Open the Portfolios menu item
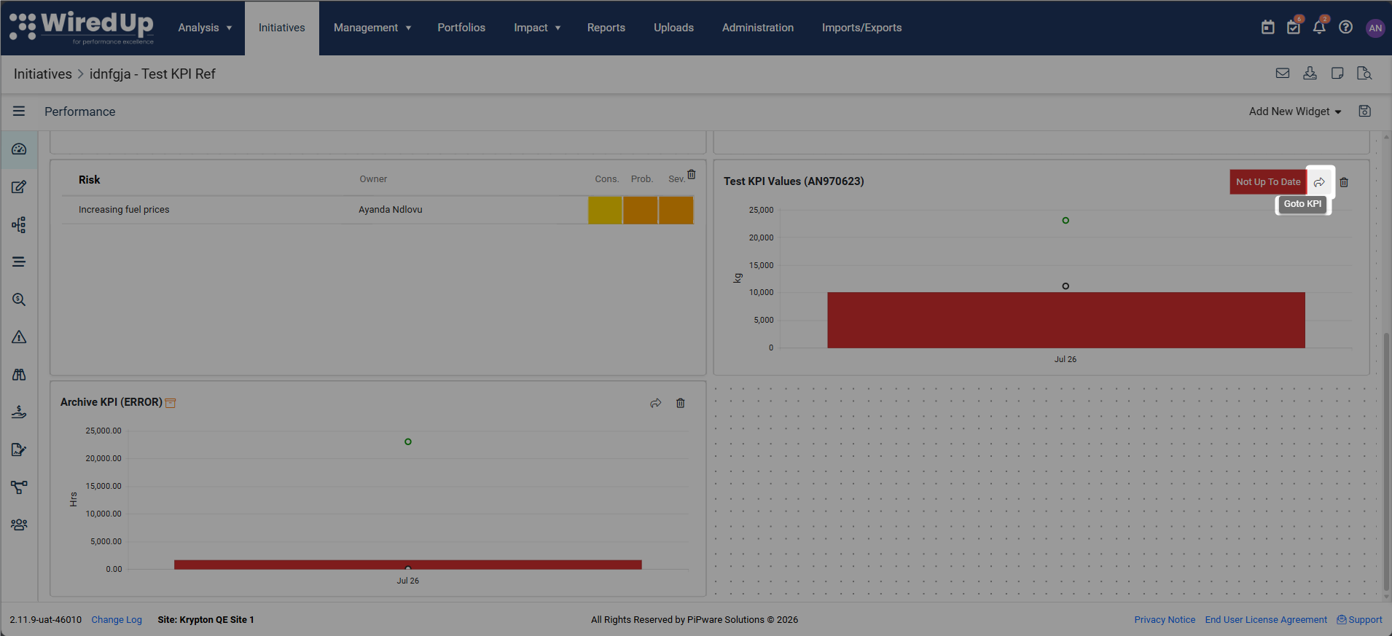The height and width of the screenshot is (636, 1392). click(x=461, y=28)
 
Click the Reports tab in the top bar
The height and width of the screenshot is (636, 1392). click(x=606, y=28)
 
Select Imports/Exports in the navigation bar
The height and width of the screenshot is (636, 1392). click(x=861, y=28)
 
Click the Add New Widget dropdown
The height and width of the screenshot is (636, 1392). click(x=1295, y=111)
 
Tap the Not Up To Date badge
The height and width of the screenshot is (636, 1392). click(x=1268, y=182)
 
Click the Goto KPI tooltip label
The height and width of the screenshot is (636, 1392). click(x=1302, y=204)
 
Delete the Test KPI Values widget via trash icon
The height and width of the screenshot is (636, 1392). click(x=1344, y=182)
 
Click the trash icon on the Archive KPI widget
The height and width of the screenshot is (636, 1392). click(x=680, y=403)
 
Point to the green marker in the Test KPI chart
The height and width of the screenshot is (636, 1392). click(x=1065, y=221)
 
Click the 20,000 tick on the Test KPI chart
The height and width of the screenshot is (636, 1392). click(x=761, y=237)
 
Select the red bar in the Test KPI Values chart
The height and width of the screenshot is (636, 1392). click(x=1065, y=321)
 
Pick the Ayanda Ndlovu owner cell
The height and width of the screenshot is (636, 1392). click(x=390, y=210)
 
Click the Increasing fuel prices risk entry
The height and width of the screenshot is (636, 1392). click(x=124, y=210)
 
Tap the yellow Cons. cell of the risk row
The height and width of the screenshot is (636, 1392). click(x=605, y=210)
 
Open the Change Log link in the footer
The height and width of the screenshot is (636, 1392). click(x=117, y=620)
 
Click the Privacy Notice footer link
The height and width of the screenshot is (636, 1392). click(x=1165, y=620)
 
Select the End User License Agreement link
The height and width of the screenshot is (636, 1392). click(x=1266, y=620)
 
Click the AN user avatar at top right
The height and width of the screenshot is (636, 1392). click(x=1375, y=28)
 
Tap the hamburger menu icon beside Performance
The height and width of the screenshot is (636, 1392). click(x=19, y=111)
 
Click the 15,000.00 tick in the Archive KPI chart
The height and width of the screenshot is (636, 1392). click(x=103, y=486)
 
